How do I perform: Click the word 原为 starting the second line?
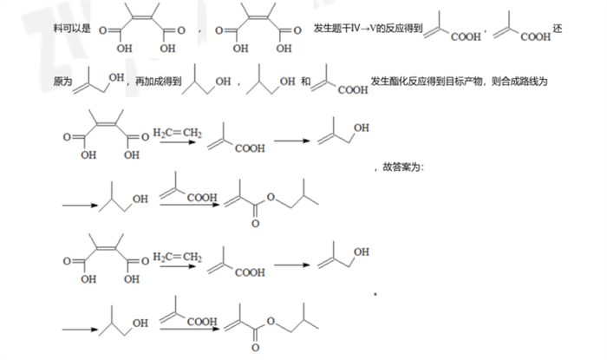(x=61, y=82)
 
